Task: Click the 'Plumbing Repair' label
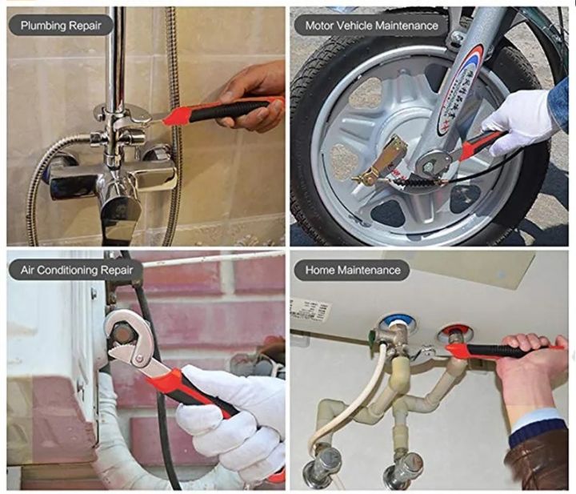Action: [x=62, y=25]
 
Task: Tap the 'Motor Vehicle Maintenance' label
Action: [x=372, y=25]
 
